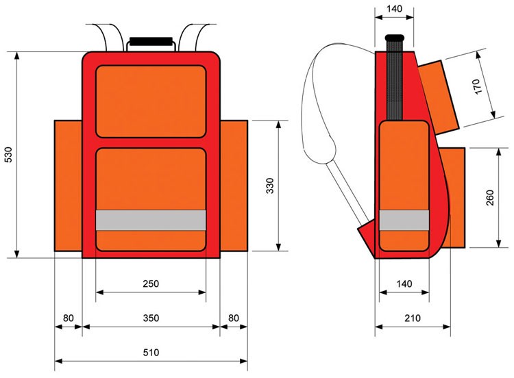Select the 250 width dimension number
coord(151,284)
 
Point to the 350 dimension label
coord(151,318)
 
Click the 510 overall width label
coord(151,353)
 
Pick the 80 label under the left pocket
coord(69,318)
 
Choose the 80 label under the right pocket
coord(233,318)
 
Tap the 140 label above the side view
coord(395,10)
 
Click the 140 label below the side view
coord(404,284)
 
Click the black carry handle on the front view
coord(151,42)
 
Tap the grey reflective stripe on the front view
coord(151,220)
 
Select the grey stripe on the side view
coord(404,220)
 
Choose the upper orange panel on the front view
coord(151,101)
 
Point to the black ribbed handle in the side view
coord(395,75)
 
